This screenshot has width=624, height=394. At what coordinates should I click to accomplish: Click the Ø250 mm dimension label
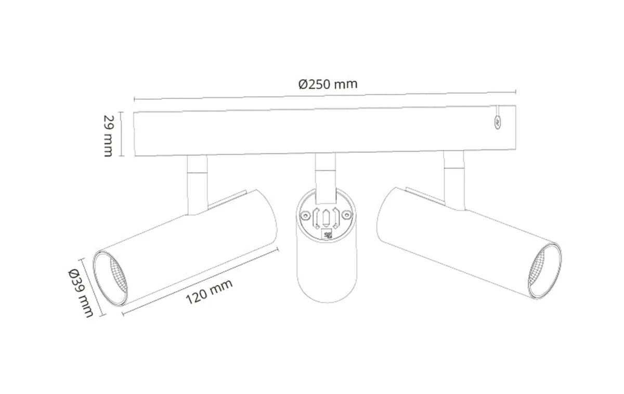(328, 84)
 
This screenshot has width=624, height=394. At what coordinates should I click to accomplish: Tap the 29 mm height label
(108, 136)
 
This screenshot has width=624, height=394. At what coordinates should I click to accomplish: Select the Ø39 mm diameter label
(81, 293)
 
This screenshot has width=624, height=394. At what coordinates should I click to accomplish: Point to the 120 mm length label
(209, 291)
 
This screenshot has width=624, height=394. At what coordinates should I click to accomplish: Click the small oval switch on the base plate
(497, 122)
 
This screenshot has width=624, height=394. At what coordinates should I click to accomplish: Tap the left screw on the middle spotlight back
(306, 215)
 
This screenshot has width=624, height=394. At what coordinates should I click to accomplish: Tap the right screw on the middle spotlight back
(346, 215)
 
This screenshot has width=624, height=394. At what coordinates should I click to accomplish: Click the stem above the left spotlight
(197, 185)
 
